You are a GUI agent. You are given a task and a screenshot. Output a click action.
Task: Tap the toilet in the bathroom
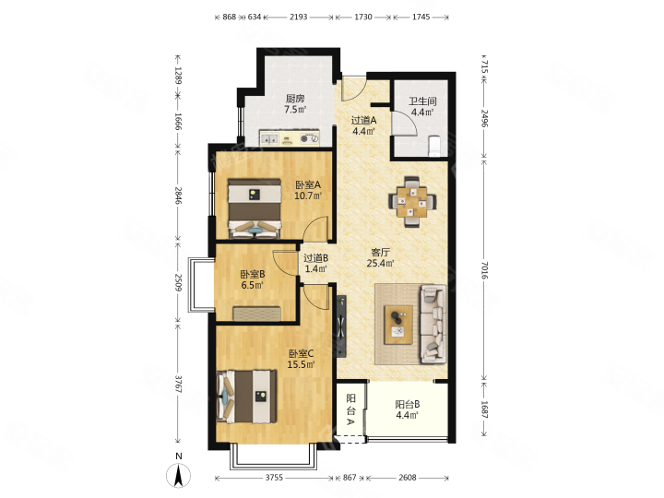(x=435, y=146)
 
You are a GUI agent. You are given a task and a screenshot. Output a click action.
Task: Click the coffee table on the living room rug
(x=398, y=325)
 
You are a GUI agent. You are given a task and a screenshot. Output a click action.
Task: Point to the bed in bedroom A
(x=255, y=207)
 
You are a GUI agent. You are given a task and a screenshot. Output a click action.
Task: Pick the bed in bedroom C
(x=247, y=397)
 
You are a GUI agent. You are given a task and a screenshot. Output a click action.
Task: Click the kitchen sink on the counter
(x=269, y=138)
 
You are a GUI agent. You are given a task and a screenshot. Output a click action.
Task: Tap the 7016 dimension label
(x=485, y=270)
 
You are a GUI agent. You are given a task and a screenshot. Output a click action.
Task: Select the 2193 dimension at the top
(x=298, y=17)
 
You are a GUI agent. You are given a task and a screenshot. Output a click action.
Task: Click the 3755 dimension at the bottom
(x=274, y=478)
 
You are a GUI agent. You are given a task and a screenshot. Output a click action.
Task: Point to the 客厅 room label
(x=380, y=253)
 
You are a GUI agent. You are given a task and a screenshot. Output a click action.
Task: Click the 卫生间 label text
(x=422, y=101)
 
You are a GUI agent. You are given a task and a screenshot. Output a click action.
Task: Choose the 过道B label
(x=316, y=258)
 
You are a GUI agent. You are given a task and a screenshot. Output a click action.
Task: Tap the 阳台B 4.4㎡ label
(x=408, y=409)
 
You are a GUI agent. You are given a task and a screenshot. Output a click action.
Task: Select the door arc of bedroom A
(x=316, y=228)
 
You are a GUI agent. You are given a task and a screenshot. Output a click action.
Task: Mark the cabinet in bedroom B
(x=257, y=314)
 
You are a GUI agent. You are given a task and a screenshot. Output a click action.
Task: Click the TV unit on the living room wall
(x=341, y=326)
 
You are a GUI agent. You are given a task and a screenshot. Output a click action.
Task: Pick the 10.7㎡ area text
(x=308, y=196)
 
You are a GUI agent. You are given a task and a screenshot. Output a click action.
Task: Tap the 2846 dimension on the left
(x=178, y=196)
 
